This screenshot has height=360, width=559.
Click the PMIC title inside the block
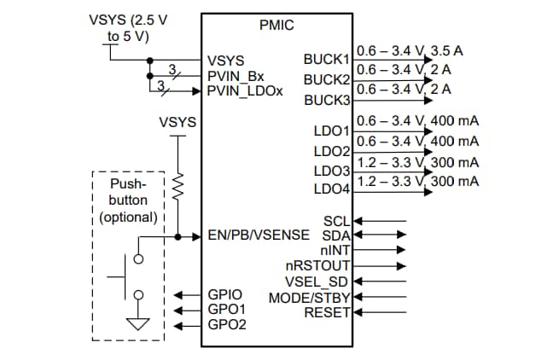click(277, 26)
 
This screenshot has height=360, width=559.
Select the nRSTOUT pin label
click(323, 265)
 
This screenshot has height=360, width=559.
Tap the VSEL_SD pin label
click(317, 282)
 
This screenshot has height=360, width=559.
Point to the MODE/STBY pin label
click(310, 298)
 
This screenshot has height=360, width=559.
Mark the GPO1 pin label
click(226, 310)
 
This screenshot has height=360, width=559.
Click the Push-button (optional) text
click(128, 200)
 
